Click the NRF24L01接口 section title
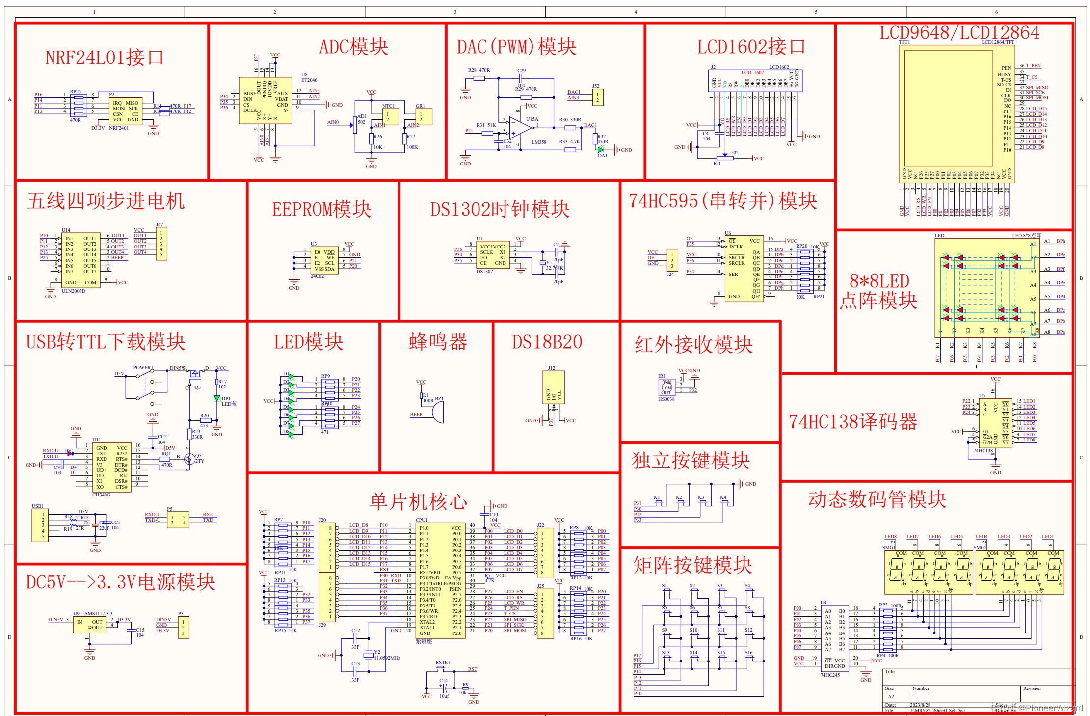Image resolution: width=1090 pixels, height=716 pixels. tap(104, 58)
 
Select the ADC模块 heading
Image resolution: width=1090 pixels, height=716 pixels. tap(353, 47)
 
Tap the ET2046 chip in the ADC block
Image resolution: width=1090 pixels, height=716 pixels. tap(265, 101)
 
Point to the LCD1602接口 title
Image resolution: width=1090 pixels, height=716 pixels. tap(751, 47)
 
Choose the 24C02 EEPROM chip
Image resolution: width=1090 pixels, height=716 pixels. tap(324, 260)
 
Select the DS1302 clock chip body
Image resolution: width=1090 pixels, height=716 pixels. tap(493, 254)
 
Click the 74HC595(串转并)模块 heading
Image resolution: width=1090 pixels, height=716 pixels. tap(722, 201)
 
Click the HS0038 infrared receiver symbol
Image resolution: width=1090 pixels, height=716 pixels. tap(667, 386)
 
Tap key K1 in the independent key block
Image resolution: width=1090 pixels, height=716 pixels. tap(658, 501)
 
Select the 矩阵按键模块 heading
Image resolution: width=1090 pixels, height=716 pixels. tap(692, 565)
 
